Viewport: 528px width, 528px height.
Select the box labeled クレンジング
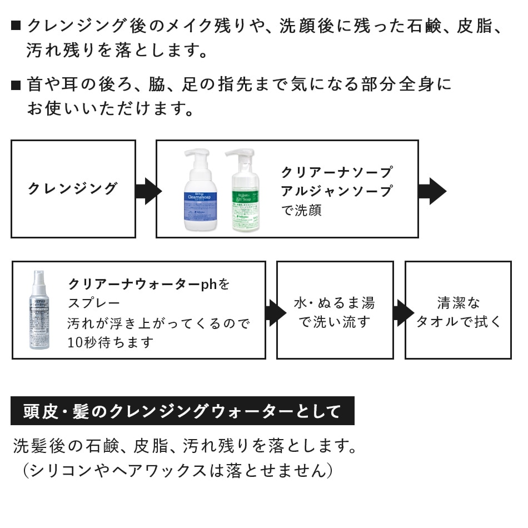point(73,189)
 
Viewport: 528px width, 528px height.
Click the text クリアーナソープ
point(337,172)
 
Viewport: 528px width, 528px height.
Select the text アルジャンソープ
point(337,191)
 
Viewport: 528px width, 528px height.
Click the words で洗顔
point(301,211)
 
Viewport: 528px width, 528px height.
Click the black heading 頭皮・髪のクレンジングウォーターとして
point(182,411)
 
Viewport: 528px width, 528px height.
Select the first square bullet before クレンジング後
point(16,26)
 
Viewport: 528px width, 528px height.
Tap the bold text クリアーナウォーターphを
point(149,284)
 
